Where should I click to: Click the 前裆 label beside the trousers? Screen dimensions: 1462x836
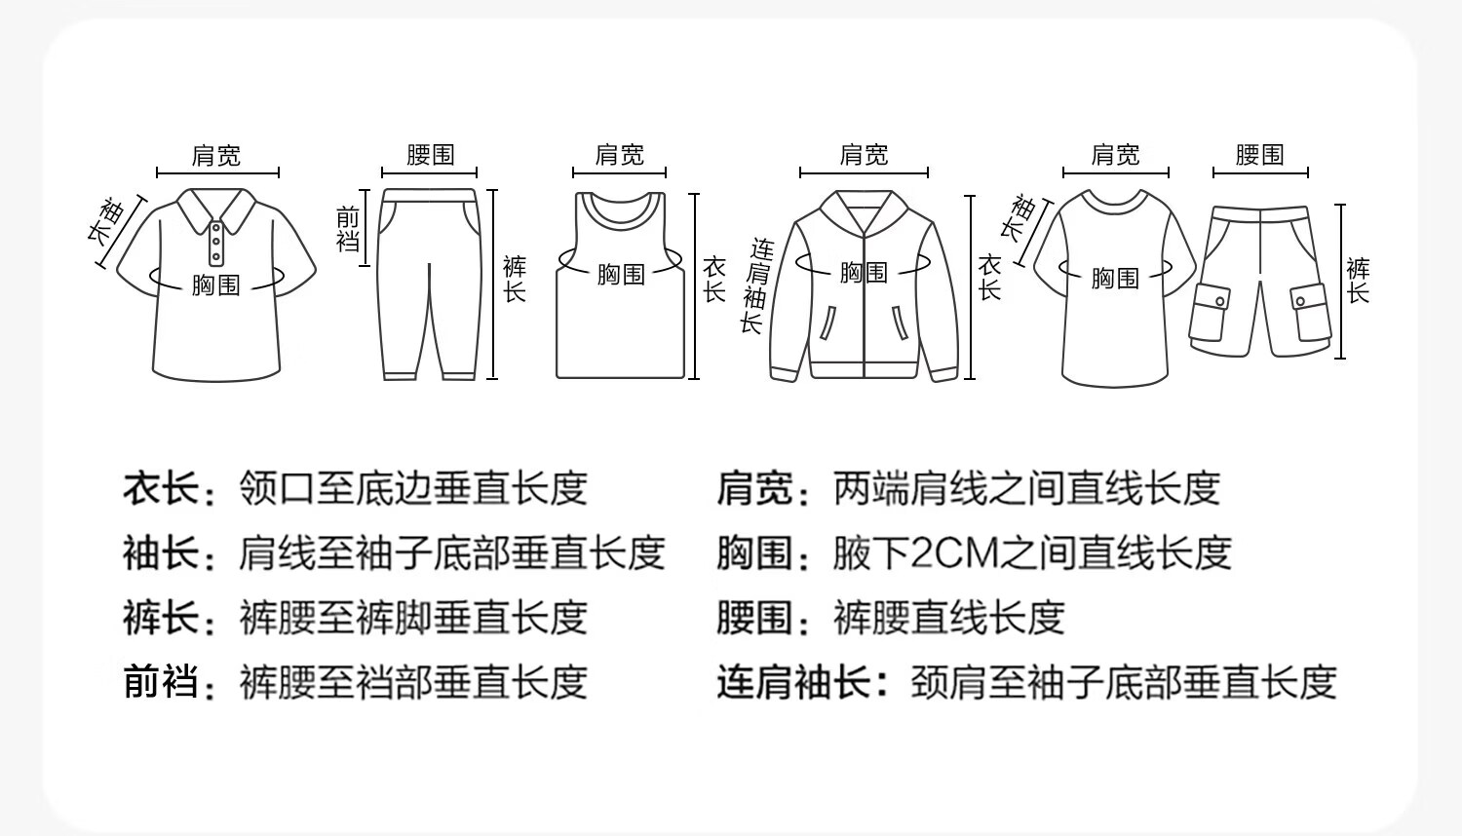[348, 228]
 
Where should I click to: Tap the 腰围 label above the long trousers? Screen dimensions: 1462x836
[430, 155]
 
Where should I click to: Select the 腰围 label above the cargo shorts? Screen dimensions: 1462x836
[1259, 155]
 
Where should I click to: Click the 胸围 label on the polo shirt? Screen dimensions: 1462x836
[216, 285]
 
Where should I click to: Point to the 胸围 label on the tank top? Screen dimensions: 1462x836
[621, 274]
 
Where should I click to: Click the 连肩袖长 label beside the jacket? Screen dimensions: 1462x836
[756, 285]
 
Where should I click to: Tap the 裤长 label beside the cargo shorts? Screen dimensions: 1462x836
[1359, 281]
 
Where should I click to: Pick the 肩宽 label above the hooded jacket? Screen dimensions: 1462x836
[865, 155]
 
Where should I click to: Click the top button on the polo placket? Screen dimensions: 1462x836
[216, 227]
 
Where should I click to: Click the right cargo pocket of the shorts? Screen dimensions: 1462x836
[1311, 312]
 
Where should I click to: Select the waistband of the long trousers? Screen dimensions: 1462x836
[430, 195]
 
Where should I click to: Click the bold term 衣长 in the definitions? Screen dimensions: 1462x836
[161, 488]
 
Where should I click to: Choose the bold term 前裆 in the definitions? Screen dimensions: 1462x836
[161, 681]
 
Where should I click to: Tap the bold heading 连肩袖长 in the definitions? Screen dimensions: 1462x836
[793, 681]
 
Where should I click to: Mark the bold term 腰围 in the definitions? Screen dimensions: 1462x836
[755, 618]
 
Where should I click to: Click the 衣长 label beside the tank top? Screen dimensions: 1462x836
[714, 280]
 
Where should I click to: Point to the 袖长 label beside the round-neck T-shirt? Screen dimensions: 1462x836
[1020, 218]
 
